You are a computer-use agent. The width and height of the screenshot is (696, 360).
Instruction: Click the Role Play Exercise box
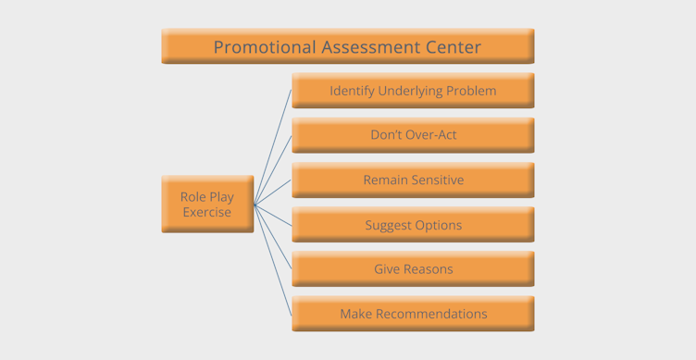point(207,204)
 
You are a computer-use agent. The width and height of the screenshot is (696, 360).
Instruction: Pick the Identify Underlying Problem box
point(413,91)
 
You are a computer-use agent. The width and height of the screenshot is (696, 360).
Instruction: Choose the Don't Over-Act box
point(413,135)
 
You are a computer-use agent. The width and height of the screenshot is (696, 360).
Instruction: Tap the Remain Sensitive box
point(413,180)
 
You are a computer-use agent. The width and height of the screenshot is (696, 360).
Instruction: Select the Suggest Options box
point(413,225)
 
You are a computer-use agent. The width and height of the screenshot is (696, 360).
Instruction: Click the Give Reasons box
point(413,269)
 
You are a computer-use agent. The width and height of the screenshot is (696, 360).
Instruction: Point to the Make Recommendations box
point(413,314)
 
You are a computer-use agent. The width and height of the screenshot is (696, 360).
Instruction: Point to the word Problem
point(471,91)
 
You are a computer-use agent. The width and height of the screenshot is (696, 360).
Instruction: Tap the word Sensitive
point(435,180)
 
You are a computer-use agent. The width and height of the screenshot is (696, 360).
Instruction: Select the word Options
point(438,225)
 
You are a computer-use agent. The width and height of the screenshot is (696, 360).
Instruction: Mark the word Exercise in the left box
point(207,212)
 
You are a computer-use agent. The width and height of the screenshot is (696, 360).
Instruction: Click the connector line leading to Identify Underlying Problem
point(273,147)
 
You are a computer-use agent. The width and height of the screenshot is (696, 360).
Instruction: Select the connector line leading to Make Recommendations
point(273,260)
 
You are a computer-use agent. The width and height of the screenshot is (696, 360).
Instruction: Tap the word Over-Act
point(432,135)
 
